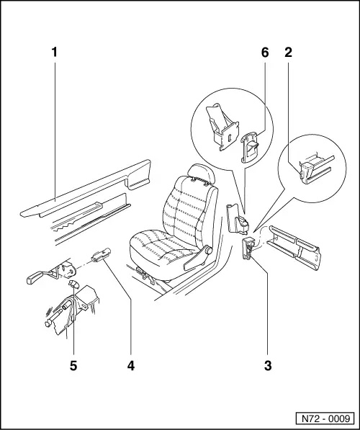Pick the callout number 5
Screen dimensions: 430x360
[x=73, y=365]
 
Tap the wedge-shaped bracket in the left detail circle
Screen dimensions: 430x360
[x=221, y=127]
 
